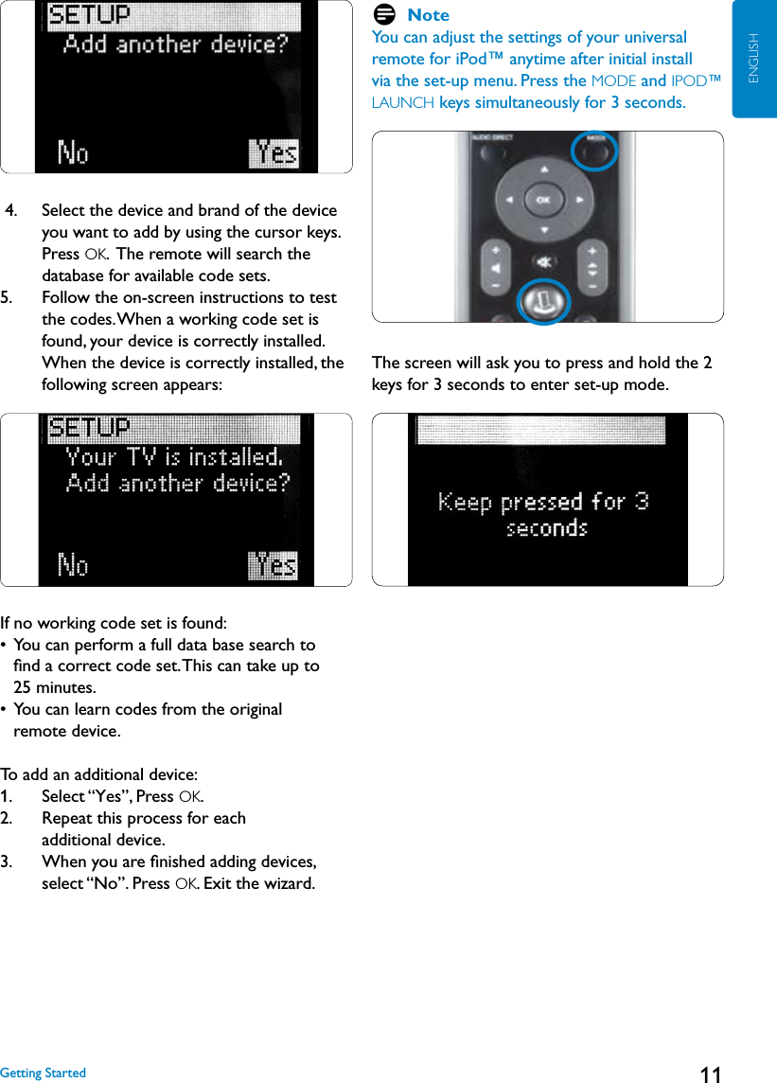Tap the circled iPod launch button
click(543, 302)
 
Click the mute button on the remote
click(543, 261)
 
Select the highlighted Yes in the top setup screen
click(274, 152)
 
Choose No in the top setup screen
click(73, 152)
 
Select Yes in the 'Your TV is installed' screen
click(273, 566)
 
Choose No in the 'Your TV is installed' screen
click(73, 566)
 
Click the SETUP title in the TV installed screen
click(89, 428)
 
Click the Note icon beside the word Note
click(384, 14)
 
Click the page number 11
click(710, 1074)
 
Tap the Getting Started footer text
click(43, 1073)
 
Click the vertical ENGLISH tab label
click(754, 59)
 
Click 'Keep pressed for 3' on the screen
click(543, 502)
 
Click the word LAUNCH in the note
click(403, 102)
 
